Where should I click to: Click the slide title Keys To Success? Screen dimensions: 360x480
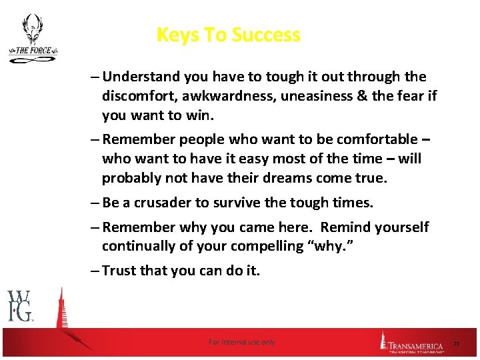tap(228, 35)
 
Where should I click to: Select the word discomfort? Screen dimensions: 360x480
tap(137, 97)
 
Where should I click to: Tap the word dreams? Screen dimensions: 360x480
tap(295, 179)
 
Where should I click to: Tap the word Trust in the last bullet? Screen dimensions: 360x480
tap(121, 271)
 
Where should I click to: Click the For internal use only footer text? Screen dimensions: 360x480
tap(241, 342)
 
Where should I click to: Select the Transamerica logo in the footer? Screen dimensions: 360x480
tap(412, 342)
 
